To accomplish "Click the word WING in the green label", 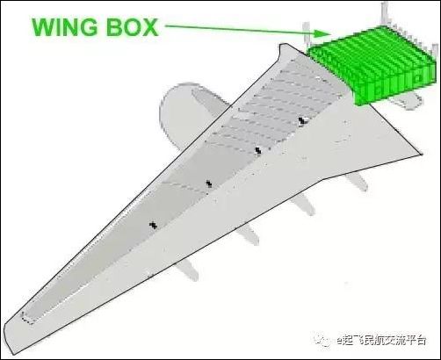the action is pos(64,27).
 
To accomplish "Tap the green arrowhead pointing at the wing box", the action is pos(322,32).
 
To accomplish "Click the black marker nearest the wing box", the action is pos(301,120).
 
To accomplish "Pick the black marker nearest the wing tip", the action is pos(153,225).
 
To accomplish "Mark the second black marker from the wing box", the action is pos(258,150).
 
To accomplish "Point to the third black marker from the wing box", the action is pos(209,184).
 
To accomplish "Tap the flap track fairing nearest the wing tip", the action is pos(187,270).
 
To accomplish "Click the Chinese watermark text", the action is pos(381,341).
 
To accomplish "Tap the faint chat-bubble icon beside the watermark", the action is pos(323,340).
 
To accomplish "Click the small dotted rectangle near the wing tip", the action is pos(28,318).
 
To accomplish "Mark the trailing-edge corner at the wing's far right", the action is pos(422,155).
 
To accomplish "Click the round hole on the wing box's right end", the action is pos(418,78).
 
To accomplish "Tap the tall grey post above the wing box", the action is pos(384,13).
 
